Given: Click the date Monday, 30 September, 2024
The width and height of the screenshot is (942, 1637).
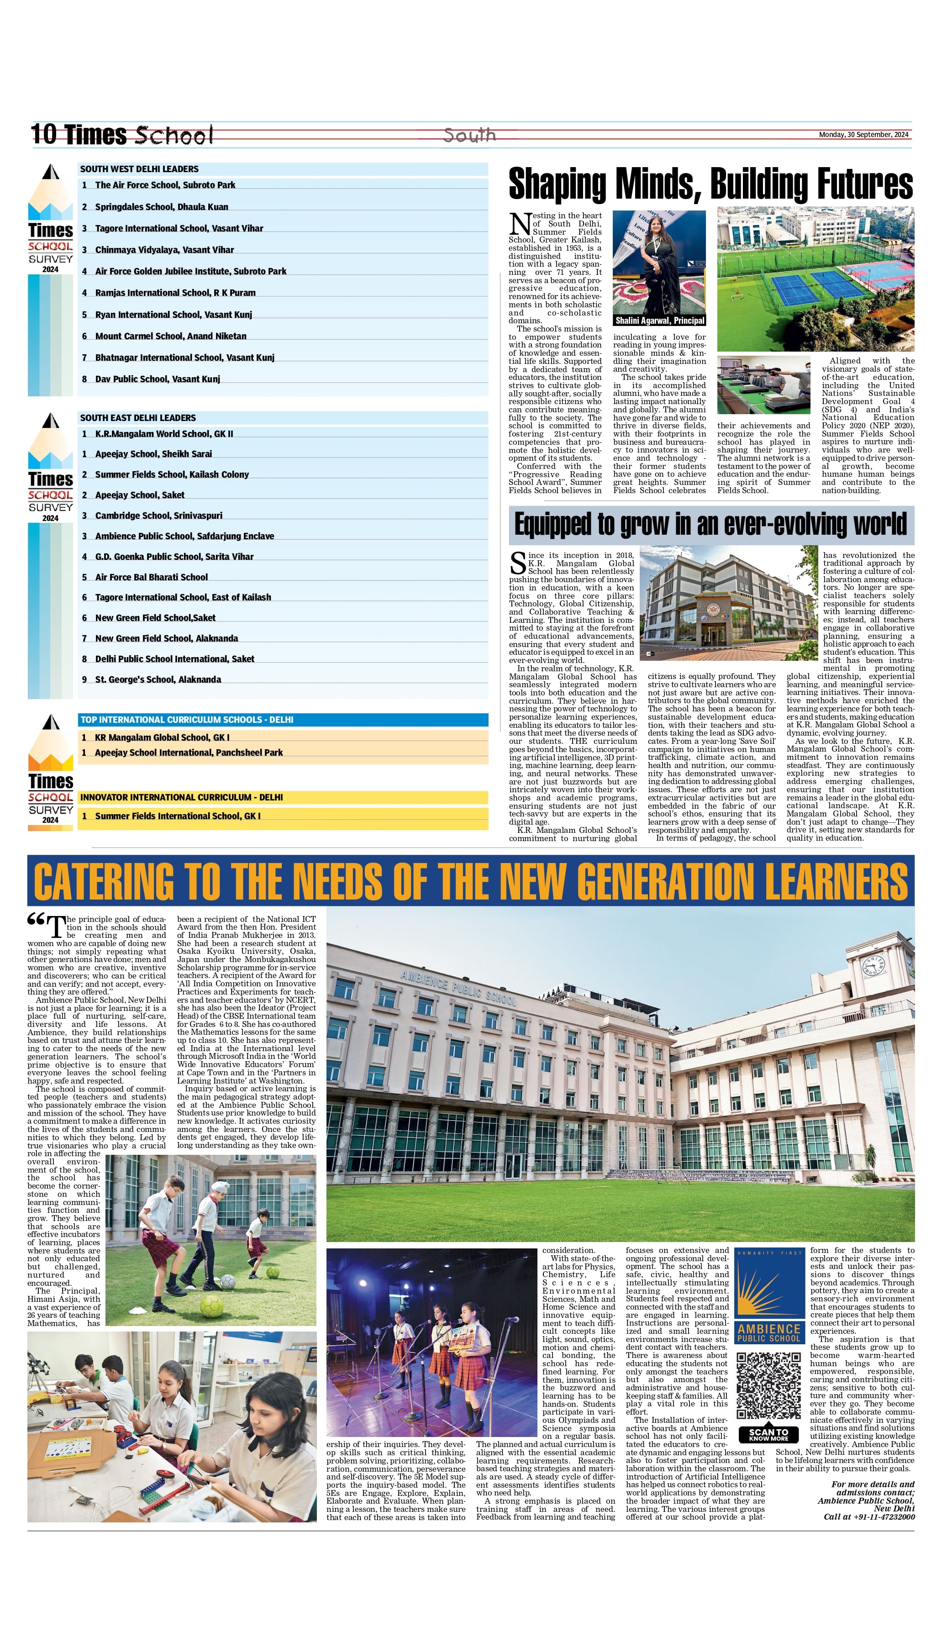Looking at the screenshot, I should (863, 135).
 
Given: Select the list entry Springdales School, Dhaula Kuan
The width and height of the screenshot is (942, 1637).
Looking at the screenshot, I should (161, 207).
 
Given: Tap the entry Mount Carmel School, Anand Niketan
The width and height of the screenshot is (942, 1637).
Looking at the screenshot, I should (170, 337).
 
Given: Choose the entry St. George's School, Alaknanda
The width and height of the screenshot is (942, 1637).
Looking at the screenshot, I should (158, 680).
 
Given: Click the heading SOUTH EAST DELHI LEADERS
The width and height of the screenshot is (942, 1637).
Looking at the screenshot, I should (138, 418).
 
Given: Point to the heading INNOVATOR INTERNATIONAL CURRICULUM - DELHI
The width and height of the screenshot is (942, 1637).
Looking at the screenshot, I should (181, 797).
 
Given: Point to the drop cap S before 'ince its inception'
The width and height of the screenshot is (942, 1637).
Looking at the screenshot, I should (518, 563).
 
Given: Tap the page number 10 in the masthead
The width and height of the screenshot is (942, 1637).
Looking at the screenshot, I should (44, 135).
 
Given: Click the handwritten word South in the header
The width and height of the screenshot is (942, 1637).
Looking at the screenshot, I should (470, 135).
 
